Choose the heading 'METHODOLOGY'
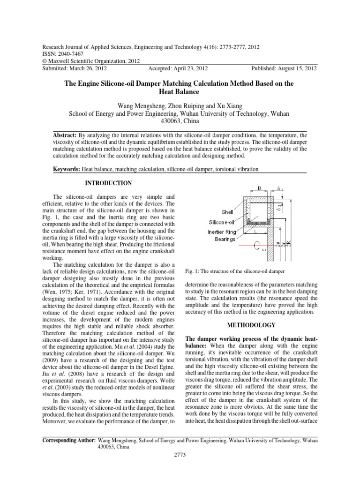(252, 324)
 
